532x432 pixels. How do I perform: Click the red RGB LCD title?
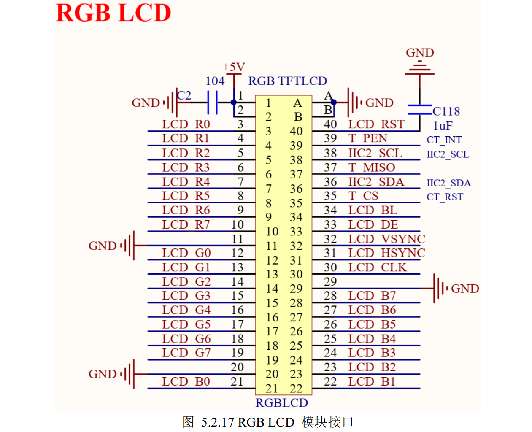pos(113,13)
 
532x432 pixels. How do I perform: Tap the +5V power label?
pos(234,67)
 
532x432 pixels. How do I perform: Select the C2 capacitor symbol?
pos(212,103)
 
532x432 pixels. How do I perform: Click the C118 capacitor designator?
pos(446,111)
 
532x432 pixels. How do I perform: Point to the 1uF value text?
pos(443,126)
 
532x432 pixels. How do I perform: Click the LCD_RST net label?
pos(376,124)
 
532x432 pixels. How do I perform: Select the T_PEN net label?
pos(368,138)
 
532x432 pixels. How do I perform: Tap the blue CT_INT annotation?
pos(444,140)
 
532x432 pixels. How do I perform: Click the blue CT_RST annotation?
pos(445,197)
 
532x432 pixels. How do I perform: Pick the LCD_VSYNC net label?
pos(386,239)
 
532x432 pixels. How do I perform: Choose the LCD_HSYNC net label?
pos(386,253)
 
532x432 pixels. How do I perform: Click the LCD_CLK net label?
pos(378,267)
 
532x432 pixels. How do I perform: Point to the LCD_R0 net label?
pos(186,124)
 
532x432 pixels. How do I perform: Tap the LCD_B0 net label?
pos(186,382)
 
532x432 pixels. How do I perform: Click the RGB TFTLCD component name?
pos(287,81)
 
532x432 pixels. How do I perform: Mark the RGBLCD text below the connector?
pos(281,403)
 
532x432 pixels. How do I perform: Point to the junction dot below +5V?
pos(234,102)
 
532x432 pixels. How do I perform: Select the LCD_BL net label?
pos(373,210)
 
